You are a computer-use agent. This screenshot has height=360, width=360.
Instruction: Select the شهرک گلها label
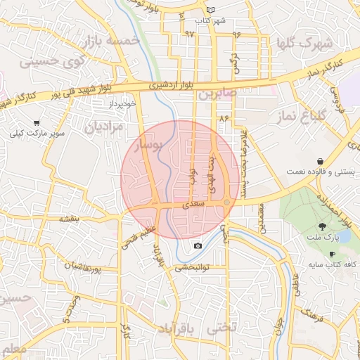tap(303, 43)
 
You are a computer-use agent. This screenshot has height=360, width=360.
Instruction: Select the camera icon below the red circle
tap(198, 245)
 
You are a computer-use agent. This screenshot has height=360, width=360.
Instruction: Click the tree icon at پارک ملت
tap(321, 226)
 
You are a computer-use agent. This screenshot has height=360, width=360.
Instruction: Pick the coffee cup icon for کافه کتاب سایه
tap(309, 264)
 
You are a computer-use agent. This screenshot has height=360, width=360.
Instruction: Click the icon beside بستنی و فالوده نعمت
tap(321, 161)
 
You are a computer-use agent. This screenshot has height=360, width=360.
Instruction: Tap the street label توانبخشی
tap(192, 267)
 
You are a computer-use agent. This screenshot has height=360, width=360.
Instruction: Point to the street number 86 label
tap(224, 118)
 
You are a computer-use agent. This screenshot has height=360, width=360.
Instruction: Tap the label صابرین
tap(219, 92)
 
